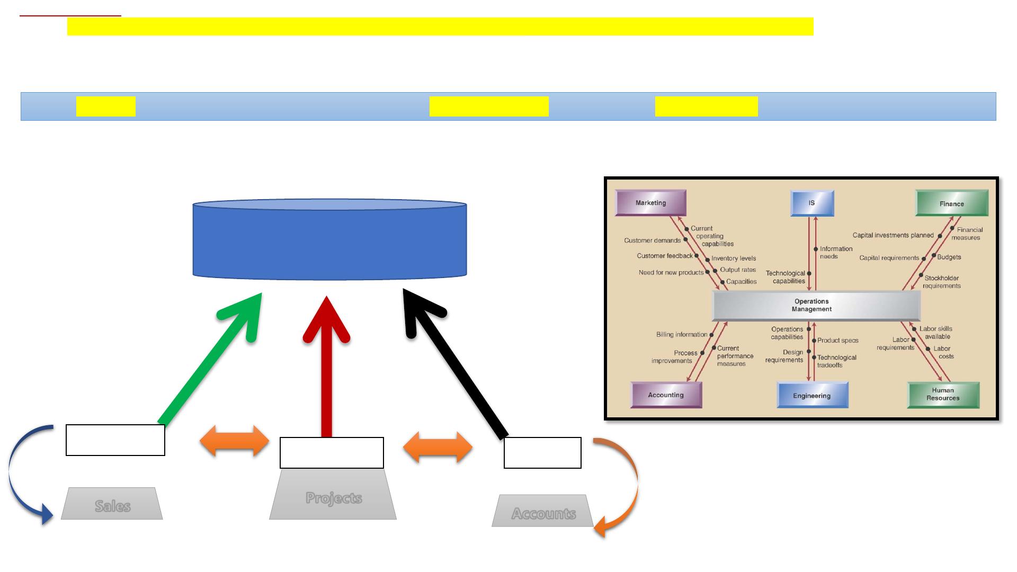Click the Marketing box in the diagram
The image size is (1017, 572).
click(x=650, y=203)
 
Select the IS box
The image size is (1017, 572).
click(x=812, y=203)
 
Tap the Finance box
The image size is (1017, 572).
click(x=952, y=203)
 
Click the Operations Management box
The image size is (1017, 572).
click(x=816, y=306)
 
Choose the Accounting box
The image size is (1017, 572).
click(x=666, y=395)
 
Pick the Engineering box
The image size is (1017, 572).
click(x=812, y=395)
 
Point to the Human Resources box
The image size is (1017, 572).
click(x=943, y=395)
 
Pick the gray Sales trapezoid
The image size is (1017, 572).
click(x=112, y=504)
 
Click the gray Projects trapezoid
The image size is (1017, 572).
click(x=333, y=494)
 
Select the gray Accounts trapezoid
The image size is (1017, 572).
click(x=543, y=511)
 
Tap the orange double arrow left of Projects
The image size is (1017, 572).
click(x=235, y=441)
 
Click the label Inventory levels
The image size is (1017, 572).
click(x=734, y=258)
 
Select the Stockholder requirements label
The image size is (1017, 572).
click(x=942, y=282)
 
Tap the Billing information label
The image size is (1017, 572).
click(x=682, y=335)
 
